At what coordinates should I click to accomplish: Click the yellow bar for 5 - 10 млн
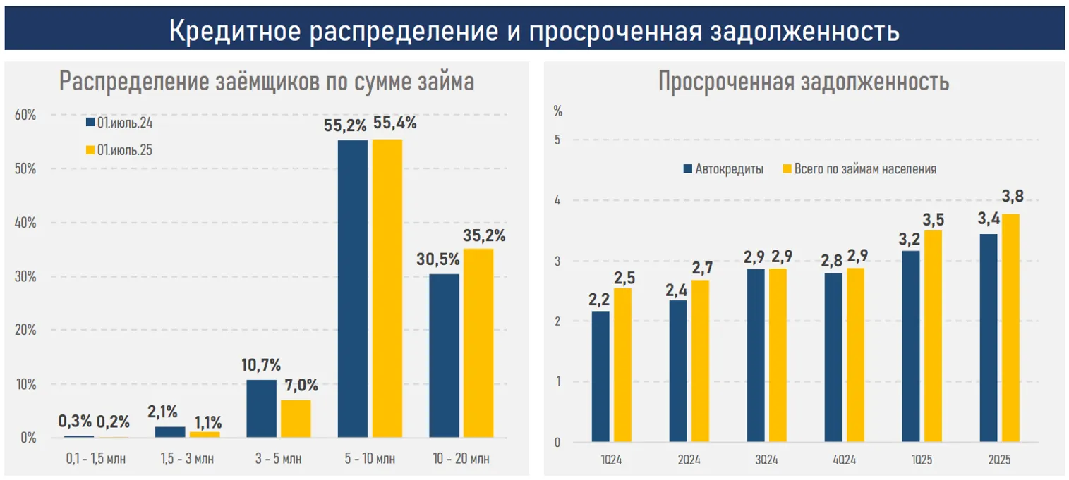[387, 289]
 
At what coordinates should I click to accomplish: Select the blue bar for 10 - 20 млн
[444, 356]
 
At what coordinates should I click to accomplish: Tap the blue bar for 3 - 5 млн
[262, 409]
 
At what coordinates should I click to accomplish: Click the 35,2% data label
[484, 236]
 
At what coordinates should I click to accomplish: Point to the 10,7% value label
[262, 366]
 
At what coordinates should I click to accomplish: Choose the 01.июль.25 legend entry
[119, 150]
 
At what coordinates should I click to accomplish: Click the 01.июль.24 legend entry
[119, 123]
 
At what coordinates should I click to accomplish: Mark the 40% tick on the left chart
[25, 223]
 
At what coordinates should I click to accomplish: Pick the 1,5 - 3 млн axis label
[187, 460]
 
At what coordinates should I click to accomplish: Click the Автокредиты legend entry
[723, 169]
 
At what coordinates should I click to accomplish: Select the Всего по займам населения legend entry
[859, 169]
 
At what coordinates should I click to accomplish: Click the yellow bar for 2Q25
[1010, 328]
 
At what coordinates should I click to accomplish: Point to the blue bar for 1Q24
[600, 377]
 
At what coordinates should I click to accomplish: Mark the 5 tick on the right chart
[557, 140]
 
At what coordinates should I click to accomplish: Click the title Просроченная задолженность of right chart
[804, 82]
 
